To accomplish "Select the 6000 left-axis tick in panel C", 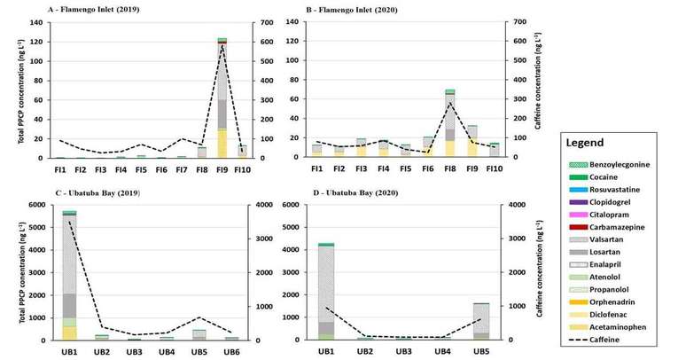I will click(38, 205).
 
